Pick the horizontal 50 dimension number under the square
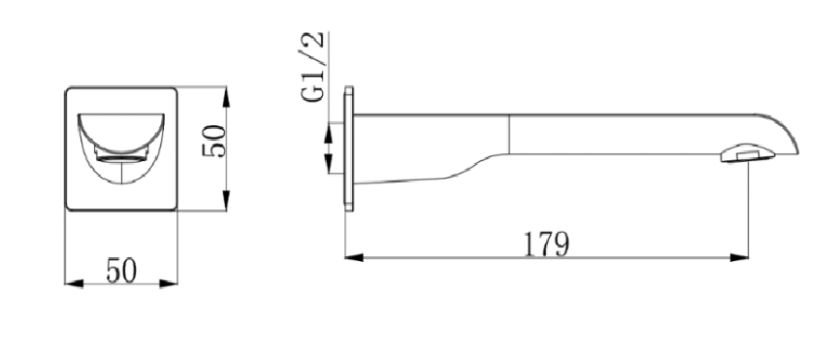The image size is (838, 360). (120, 271)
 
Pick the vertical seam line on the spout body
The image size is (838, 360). (509, 133)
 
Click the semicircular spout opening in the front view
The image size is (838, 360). (121, 130)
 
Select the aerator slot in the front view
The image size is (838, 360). (120, 156)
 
